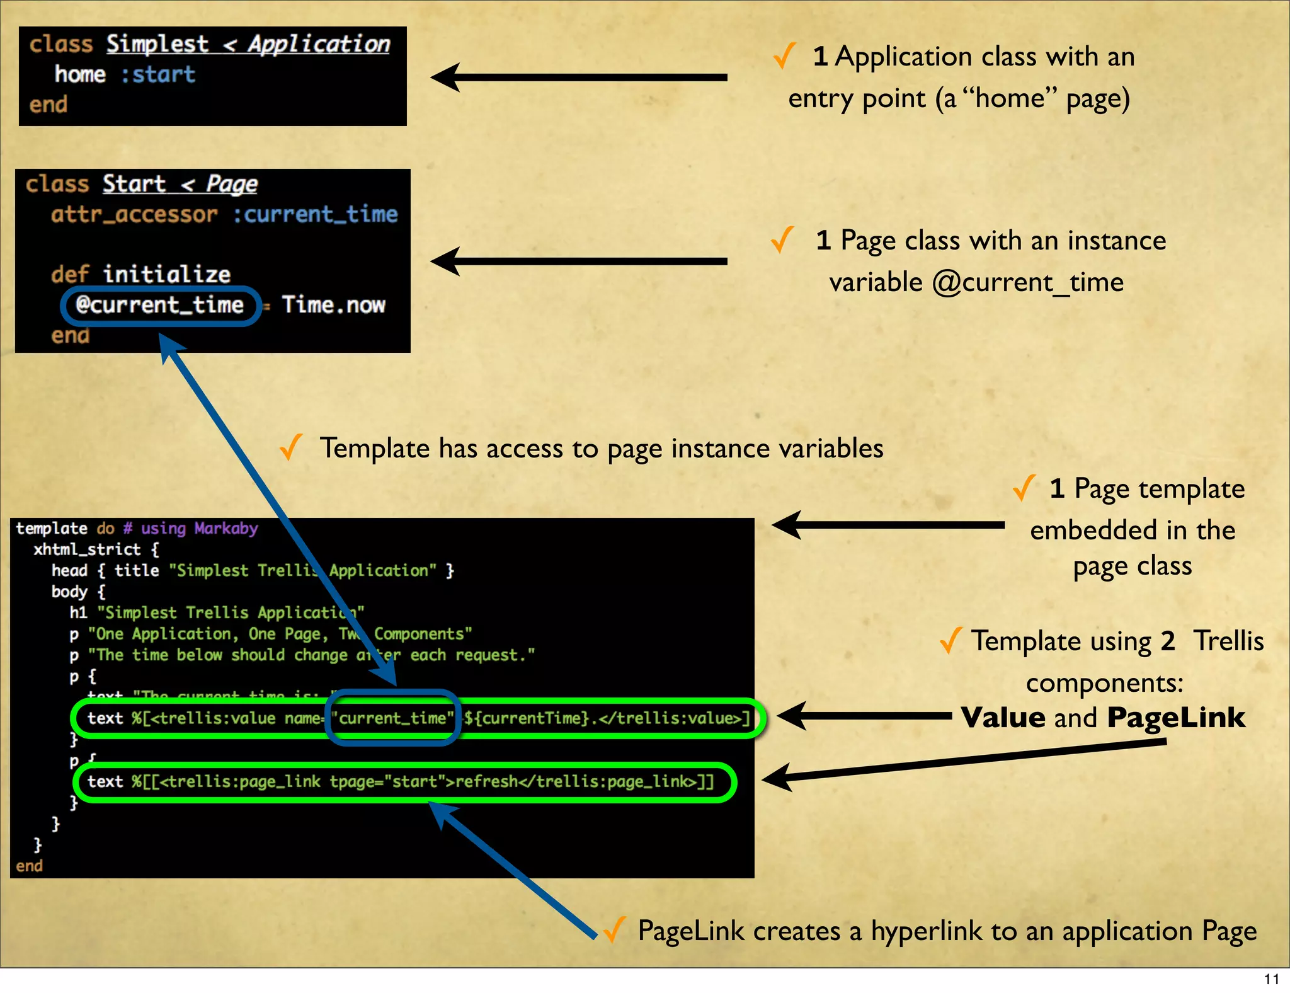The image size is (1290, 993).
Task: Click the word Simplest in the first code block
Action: pos(157,44)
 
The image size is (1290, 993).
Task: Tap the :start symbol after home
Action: pos(158,74)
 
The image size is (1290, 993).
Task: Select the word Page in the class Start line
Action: pos(232,184)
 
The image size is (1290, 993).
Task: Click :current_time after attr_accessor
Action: pos(315,214)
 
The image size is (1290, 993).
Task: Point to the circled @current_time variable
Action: pos(159,306)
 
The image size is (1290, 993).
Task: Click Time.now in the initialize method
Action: pos(333,306)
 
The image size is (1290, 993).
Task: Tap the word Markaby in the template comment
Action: pos(226,528)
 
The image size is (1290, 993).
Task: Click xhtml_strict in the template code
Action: pos(87,549)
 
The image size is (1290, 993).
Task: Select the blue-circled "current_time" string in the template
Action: pos(392,718)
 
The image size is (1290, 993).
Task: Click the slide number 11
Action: pos(1271,979)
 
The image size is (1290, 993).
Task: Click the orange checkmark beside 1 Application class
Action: pos(784,56)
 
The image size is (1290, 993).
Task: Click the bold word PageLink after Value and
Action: pos(1175,718)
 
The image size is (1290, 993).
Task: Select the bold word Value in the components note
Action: pos(1002,718)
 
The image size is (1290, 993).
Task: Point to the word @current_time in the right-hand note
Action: pos(1027,282)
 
